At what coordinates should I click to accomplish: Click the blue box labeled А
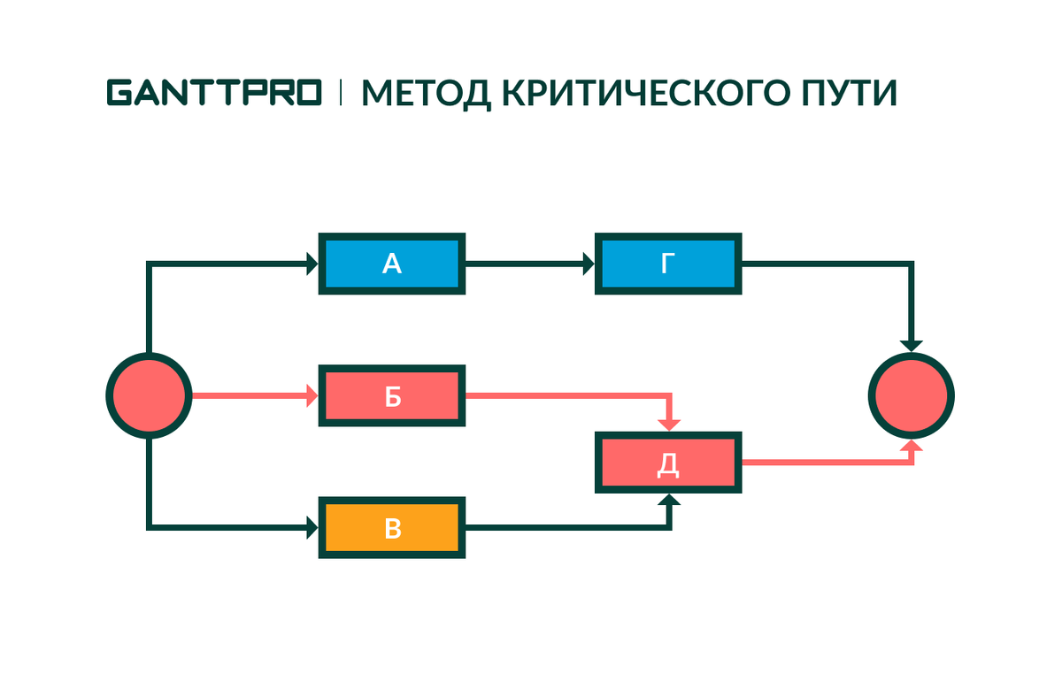[392, 264]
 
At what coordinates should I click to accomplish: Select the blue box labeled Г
[668, 264]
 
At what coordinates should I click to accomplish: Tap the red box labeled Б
[392, 396]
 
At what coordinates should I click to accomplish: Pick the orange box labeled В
[392, 528]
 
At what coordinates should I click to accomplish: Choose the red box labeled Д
[668, 463]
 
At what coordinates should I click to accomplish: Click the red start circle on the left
[149, 395]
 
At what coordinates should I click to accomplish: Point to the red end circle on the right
[912, 395]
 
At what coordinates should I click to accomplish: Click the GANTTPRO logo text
[214, 92]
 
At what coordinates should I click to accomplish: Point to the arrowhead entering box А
[312, 264]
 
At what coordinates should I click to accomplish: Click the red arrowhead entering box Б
[312, 396]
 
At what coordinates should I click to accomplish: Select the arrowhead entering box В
[312, 528]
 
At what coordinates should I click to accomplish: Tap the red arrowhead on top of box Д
[671, 425]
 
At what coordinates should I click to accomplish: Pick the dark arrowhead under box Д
[671, 501]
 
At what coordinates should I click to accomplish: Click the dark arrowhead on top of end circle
[912, 345]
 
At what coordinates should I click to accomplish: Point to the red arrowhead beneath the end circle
[912, 446]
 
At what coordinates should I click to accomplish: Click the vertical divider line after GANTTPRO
[341, 92]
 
